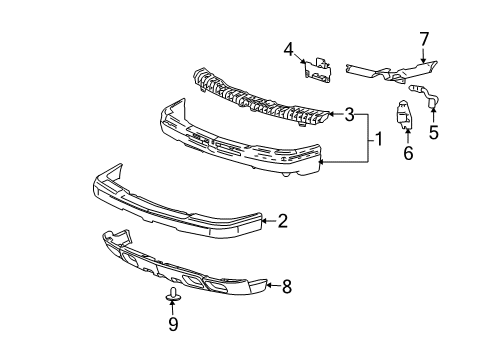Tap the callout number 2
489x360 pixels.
pos(283,221)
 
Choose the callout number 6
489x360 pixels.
pos(407,153)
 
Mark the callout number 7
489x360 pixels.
pos(424,39)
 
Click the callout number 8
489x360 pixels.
pos(286,286)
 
